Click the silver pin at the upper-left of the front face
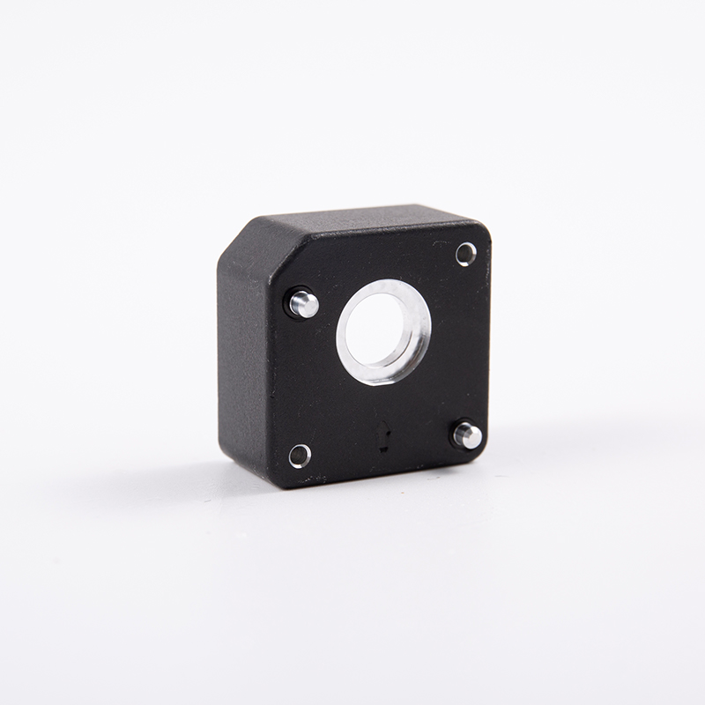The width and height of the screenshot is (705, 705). (x=304, y=304)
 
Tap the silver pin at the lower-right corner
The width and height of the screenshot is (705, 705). (x=468, y=435)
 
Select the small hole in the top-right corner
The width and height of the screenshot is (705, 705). (x=465, y=254)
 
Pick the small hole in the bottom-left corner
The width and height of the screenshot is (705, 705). (x=300, y=456)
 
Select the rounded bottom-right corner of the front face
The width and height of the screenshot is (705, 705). (x=480, y=454)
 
